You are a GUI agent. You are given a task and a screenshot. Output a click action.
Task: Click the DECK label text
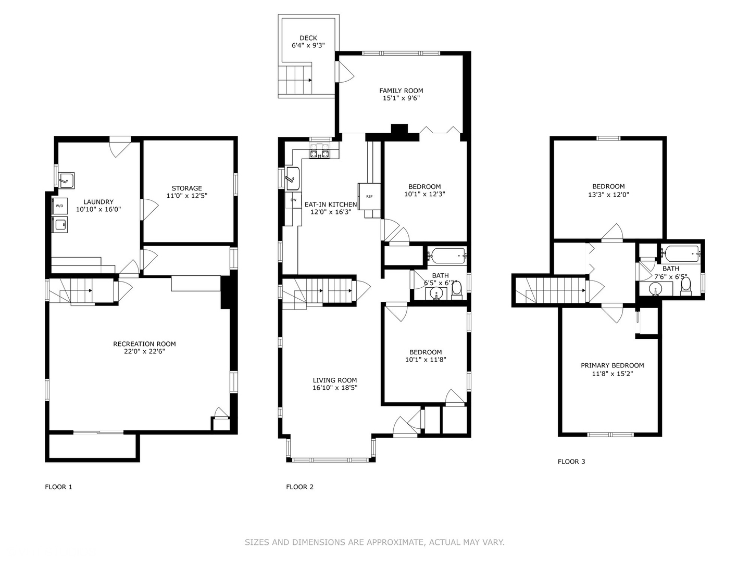point(308,38)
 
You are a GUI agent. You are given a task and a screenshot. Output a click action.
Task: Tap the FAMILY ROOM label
point(401,91)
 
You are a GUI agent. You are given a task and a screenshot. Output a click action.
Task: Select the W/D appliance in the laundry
point(59,206)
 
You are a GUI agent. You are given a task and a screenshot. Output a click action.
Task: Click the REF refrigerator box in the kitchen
point(369,196)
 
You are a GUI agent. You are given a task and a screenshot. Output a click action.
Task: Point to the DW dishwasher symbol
point(293,200)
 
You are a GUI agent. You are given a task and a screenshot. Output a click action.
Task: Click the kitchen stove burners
point(320,153)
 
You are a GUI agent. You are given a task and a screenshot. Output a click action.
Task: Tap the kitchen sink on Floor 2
point(293,179)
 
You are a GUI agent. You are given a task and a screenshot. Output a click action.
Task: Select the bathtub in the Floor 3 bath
point(680,254)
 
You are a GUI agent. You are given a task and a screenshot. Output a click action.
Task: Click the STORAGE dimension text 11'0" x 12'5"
point(187,196)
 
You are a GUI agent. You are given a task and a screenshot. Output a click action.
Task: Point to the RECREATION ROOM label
point(144,344)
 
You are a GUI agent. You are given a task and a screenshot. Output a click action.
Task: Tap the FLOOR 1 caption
point(58,487)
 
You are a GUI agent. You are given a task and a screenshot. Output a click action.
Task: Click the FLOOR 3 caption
point(571,462)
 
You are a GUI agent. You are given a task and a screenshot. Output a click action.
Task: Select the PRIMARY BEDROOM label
point(612,365)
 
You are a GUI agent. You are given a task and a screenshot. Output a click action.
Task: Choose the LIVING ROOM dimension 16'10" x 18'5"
point(335,388)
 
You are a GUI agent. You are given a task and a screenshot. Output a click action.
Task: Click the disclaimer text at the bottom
point(374,542)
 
